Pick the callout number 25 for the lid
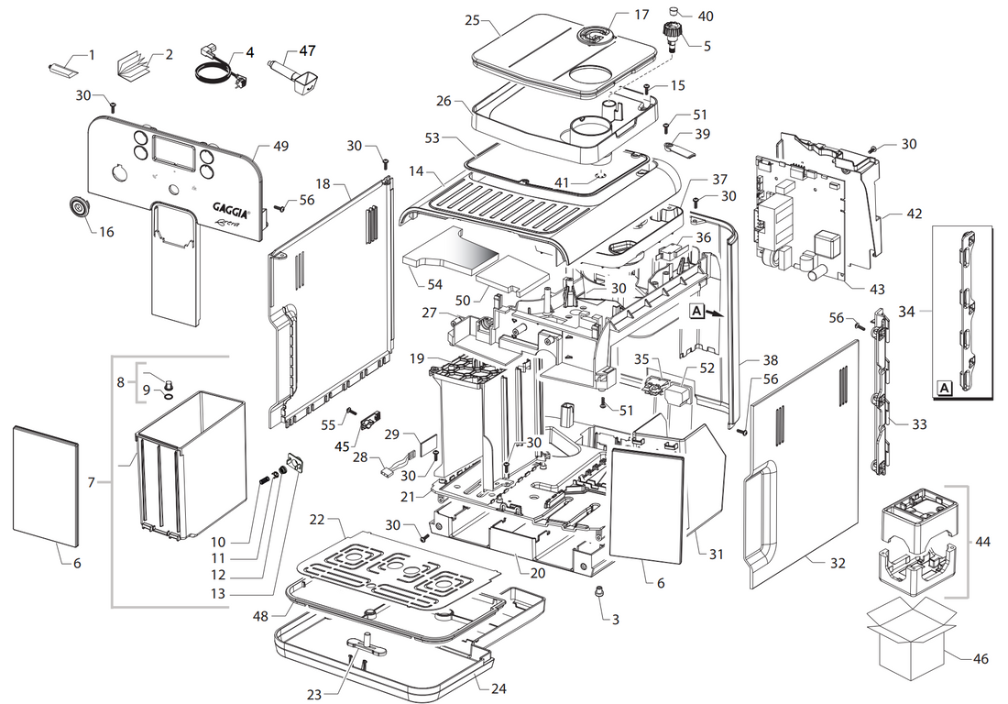tap(472, 19)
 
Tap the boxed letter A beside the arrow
tap(696, 312)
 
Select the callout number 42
tap(915, 214)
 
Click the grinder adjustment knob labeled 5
tap(675, 36)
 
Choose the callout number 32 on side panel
tap(838, 564)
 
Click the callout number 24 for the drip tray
tap(498, 687)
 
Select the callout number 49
tap(280, 147)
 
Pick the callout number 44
tap(983, 543)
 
